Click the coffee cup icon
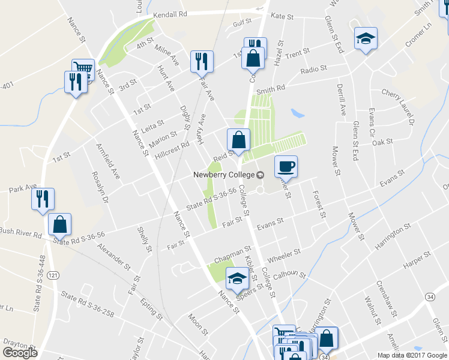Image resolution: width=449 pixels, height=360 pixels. [286, 166]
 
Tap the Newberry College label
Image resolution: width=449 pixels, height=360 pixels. [223, 175]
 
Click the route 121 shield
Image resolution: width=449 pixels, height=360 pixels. [53, 274]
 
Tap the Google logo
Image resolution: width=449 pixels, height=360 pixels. [20, 352]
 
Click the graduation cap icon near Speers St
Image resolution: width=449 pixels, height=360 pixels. [237, 278]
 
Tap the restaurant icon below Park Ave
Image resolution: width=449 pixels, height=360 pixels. [43, 199]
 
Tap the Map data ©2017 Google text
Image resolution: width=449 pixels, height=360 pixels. [411, 355]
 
